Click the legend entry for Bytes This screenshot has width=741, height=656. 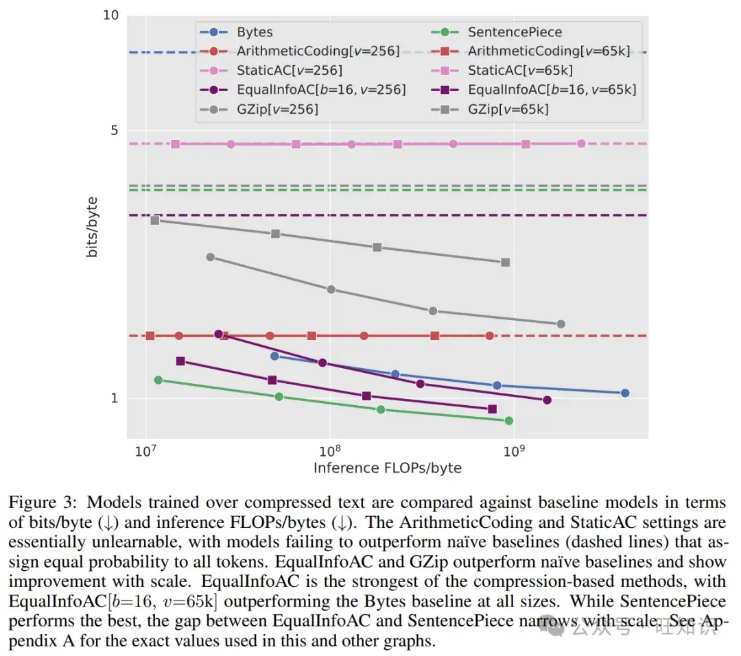coord(255,32)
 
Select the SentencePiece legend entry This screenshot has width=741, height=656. coord(515,32)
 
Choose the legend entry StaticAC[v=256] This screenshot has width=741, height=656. coord(290,71)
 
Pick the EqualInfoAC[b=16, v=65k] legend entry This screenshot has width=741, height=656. coord(552,90)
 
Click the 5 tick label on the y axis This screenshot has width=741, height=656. coord(113,131)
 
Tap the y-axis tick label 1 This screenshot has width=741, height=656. coord(113,398)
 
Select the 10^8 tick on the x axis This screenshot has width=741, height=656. coord(329,450)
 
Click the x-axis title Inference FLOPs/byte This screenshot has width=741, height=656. coord(387,468)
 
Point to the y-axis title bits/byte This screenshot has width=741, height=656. coord(92,227)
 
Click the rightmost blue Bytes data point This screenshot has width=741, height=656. coord(625,393)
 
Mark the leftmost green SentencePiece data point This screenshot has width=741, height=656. coord(158,380)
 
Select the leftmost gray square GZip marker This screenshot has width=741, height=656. coord(155,220)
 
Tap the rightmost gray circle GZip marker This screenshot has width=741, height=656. coord(561,324)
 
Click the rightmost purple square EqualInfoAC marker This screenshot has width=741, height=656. coord(492,409)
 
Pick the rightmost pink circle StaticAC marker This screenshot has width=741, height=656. coord(581,143)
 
